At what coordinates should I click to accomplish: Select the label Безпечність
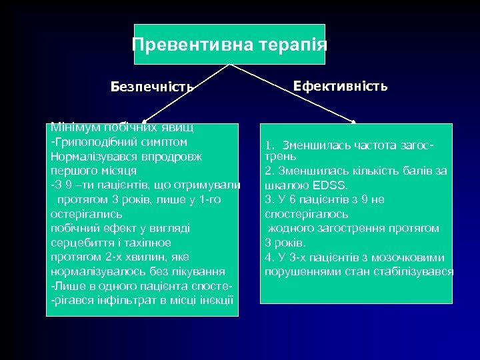[x=152, y=87]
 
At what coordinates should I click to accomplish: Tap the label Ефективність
[x=341, y=86]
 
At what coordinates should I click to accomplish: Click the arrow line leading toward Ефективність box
[x=293, y=93]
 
